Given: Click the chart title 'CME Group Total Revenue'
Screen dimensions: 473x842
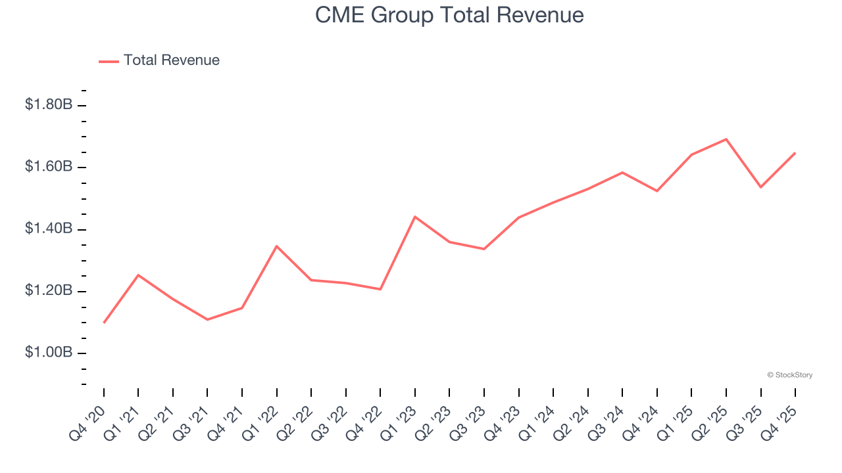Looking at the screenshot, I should (x=449, y=14).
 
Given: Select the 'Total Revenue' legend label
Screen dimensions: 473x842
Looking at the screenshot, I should (x=171, y=60).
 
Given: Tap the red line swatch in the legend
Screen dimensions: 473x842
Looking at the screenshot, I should (x=109, y=61).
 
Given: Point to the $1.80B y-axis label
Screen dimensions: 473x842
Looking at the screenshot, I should (x=49, y=104).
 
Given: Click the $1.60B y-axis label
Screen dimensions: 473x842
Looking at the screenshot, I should (x=49, y=167).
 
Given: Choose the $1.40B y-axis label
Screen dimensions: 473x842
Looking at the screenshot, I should (x=49, y=229).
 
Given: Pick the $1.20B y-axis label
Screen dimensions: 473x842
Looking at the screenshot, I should (x=49, y=291).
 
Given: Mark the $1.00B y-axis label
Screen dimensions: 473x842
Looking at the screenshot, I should (x=49, y=353).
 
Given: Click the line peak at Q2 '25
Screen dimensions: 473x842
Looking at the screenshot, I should (x=726, y=139).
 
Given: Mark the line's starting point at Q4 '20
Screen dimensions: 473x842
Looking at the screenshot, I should (x=104, y=323).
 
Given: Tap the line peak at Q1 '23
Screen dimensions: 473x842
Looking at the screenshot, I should (x=415, y=217).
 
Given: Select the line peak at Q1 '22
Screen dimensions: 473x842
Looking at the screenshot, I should (x=277, y=246).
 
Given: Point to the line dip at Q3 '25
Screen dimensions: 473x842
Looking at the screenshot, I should (x=761, y=187).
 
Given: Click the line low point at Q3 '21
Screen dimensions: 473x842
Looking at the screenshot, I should (x=207, y=319).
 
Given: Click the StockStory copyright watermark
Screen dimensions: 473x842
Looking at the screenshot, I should (x=789, y=375).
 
